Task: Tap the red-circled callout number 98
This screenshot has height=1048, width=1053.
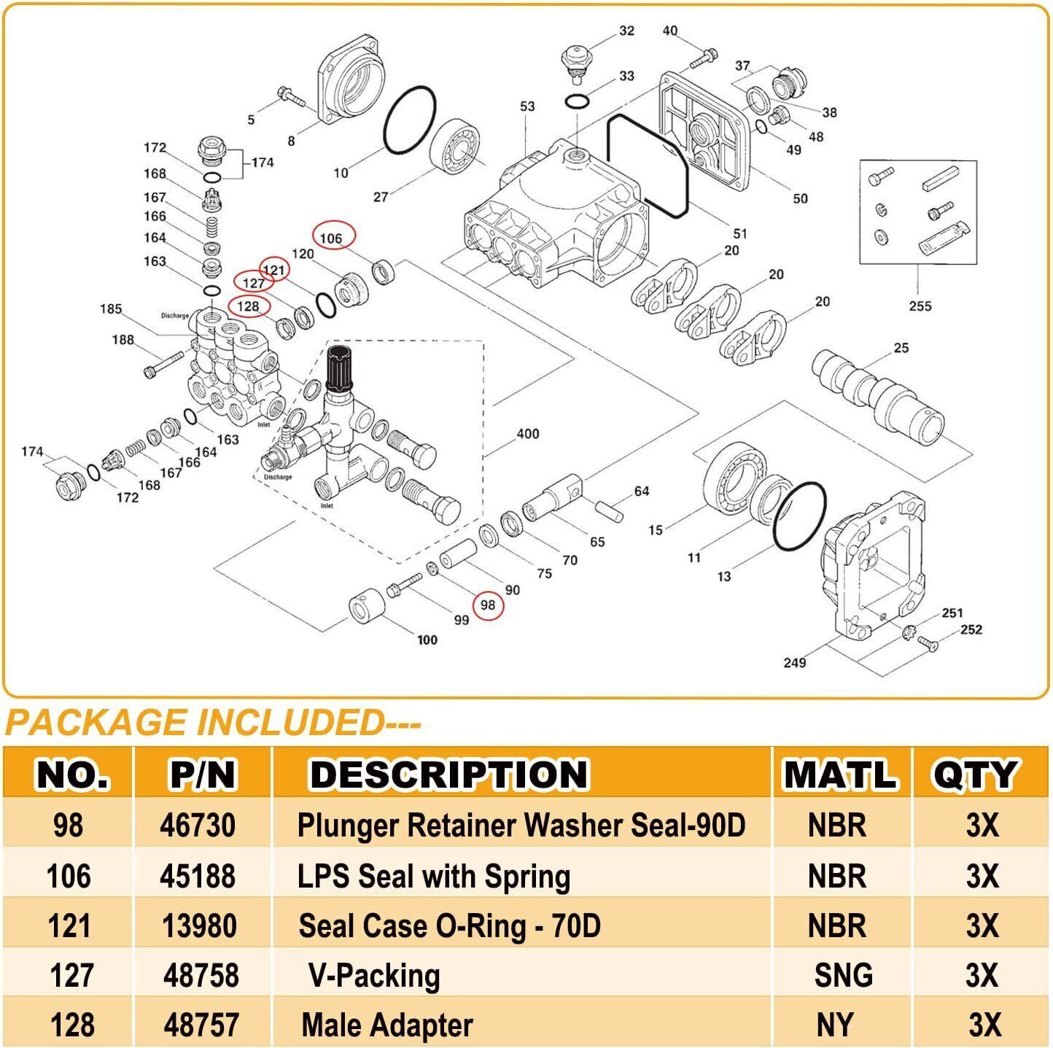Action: (x=488, y=605)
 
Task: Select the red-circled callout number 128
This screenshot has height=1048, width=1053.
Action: (x=249, y=306)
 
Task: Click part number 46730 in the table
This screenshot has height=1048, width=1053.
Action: (x=198, y=826)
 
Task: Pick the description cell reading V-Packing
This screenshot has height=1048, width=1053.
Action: (x=374, y=975)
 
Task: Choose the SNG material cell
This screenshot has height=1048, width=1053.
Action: (x=843, y=975)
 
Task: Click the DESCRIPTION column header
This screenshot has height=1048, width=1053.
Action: (x=448, y=775)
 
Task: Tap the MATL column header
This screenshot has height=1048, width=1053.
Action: (x=840, y=775)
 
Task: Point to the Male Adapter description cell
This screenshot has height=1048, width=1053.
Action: (x=387, y=1025)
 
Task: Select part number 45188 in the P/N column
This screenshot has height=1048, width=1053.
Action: (x=198, y=876)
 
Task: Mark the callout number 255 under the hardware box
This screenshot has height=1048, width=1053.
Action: (x=920, y=306)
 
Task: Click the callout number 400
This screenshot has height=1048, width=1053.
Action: (x=527, y=434)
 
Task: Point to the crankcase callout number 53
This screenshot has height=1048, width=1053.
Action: (x=527, y=106)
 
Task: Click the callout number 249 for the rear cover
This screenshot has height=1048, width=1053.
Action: (x=794, y=662)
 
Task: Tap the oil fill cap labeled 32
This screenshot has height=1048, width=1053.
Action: (x=575, y=59)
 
